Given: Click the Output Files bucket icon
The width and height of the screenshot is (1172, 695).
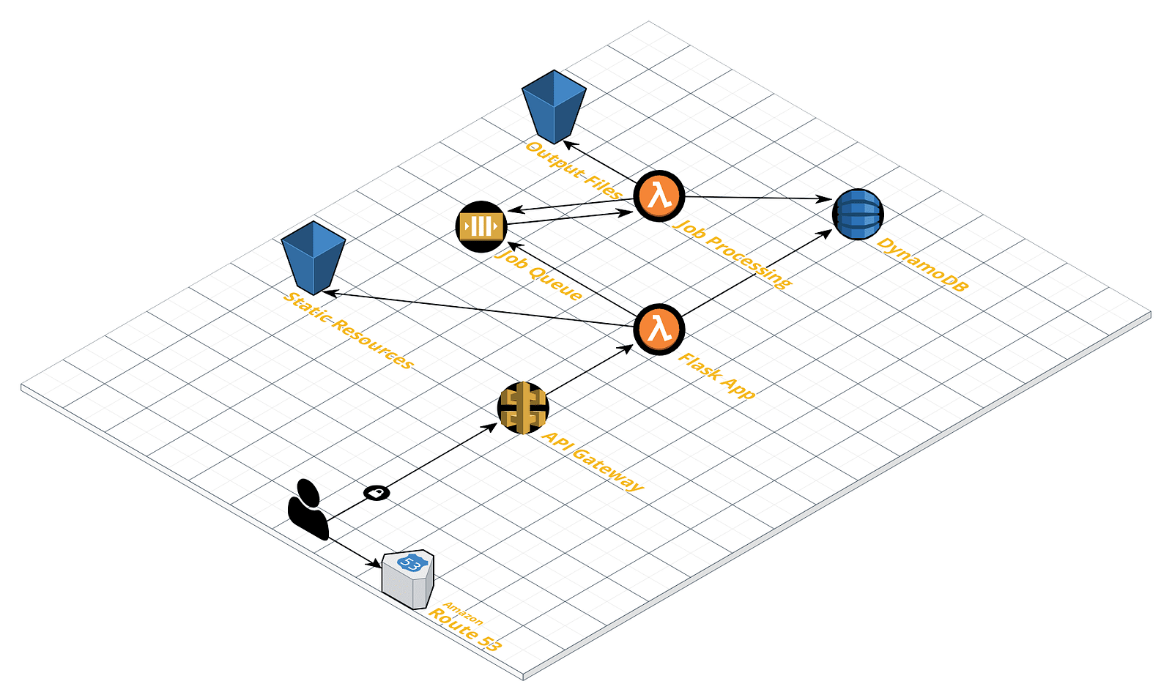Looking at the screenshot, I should pyautogui.click(x=554, y=106).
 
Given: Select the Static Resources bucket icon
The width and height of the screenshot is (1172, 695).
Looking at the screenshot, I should pyautogui.click(x=313, y=256).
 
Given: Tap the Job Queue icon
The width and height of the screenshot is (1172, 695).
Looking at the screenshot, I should pyautogui.click(x=481, y=226).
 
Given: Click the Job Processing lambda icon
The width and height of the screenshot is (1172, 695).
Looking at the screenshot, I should pyautogui.click(x=659, y=196).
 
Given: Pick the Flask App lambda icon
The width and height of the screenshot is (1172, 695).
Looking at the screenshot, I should pyautogui.click(x=659, y=329).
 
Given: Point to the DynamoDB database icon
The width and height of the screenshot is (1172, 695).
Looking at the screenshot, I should pyautogui.click(x=858, y=214).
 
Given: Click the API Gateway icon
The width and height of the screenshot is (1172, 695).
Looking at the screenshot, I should pyautogui.click(x=523, y=407).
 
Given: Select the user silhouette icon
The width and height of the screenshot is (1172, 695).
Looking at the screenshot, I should pyautogui.click(x=308, y=510).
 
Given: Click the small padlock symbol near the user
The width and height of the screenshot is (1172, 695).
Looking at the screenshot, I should pyautogui.click(x=377, y=493).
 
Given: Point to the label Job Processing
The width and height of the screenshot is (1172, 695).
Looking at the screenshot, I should pyautogui.click(x=732, y=253).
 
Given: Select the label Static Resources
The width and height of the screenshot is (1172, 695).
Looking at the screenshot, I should pyautogui.click(x=349, y=330).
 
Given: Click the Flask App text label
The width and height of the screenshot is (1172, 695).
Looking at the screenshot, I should pyautogui.click(x=716, y=376).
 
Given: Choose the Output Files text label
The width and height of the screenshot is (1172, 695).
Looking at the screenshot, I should pyautogui.click(x=574, y=171).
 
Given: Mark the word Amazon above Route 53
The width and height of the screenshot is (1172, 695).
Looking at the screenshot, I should pyautogui.click(x=464, y=613).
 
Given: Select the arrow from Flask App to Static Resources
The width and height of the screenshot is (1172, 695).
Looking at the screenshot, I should pyautogui.click(x=476, y=308).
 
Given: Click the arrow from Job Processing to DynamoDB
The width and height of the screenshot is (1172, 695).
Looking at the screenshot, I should pyautogui.click(x=754, y=197).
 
